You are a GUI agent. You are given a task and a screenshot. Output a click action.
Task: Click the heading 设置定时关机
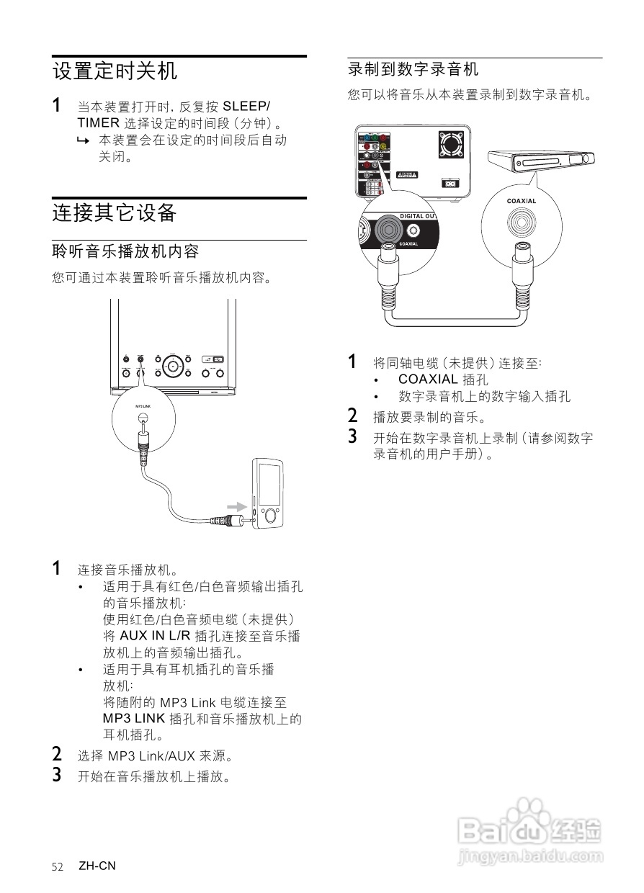[115, 72]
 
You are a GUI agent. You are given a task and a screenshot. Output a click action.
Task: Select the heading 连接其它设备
[115, 213]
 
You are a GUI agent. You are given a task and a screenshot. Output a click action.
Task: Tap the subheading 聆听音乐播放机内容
[125, 251]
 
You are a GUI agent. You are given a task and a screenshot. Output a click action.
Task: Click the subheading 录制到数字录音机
[413, 70]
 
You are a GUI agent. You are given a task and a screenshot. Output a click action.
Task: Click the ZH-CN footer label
[97, 866]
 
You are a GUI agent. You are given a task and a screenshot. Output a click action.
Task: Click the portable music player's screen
[270, 485]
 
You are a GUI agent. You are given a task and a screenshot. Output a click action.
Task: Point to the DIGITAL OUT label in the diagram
[418, 216]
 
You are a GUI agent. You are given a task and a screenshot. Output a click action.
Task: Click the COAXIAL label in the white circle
[522, 201]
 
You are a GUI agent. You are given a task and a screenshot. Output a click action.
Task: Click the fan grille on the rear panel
[452, 145]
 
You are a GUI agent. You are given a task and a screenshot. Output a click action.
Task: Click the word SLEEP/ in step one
[247, 106]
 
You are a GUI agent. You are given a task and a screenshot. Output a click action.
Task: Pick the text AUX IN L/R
[155, 636]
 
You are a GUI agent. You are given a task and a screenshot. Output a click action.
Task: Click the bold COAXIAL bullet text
[428, 380]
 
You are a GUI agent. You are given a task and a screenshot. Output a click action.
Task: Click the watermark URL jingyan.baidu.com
[530, 857]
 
